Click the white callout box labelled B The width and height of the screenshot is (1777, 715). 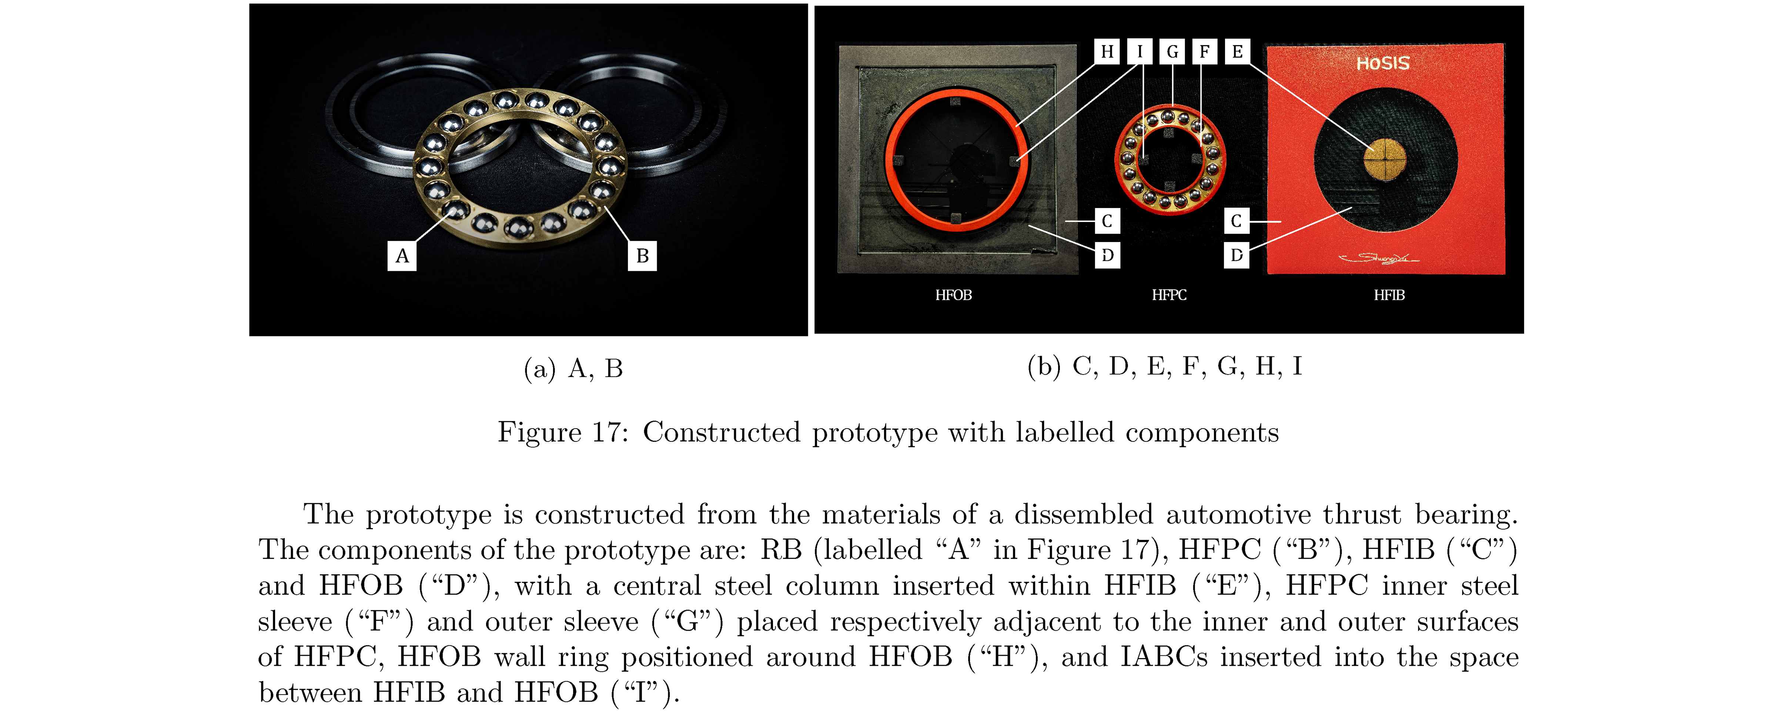642,256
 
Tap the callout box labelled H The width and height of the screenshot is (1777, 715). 1107,52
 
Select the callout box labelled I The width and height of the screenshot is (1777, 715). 1140,52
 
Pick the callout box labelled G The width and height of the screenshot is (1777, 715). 1172,52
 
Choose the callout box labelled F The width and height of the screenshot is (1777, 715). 1204,52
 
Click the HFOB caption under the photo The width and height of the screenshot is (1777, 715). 953,295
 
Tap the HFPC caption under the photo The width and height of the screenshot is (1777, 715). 1169,295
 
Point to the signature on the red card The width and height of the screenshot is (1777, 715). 1378,258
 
